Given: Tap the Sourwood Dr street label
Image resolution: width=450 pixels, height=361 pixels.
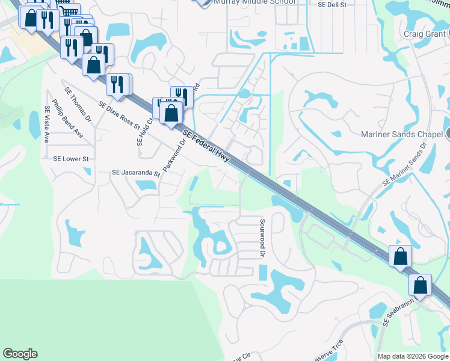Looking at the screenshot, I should coord(262,238).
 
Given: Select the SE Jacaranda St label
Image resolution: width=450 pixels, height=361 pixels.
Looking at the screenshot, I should coord(136,173).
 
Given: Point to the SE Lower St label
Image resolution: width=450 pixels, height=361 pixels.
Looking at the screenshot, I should coord(71,159).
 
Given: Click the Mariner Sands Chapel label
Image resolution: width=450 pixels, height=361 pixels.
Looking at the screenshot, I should coord(402,134).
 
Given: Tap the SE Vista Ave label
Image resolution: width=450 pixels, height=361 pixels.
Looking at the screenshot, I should coord(47,124).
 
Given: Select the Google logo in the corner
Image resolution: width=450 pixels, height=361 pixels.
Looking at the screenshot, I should coord(20,354).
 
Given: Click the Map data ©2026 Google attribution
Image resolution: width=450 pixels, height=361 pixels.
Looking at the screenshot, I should coord(413,356).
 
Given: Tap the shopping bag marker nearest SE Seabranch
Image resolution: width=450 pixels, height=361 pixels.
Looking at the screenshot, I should coord(421,285).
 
